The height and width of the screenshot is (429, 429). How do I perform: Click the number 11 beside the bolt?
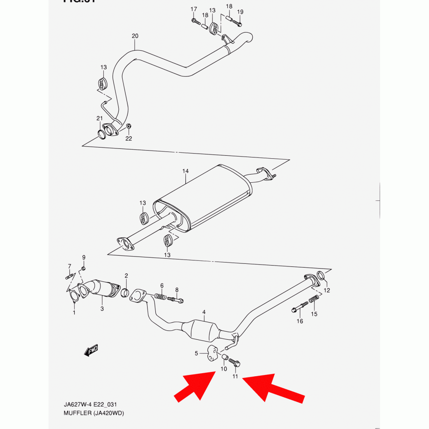[235, 376]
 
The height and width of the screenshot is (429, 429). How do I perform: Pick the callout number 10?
[224, 369]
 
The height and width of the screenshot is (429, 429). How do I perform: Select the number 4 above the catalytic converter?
[204, 312]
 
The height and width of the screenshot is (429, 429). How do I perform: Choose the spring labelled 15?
[314, 298]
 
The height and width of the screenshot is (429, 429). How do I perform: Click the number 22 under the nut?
[129, 138]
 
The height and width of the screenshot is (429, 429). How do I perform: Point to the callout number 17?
[193, 9]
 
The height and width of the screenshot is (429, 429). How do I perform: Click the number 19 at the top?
[240, 12]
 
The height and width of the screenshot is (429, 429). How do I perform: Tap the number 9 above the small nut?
[84, 257]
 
